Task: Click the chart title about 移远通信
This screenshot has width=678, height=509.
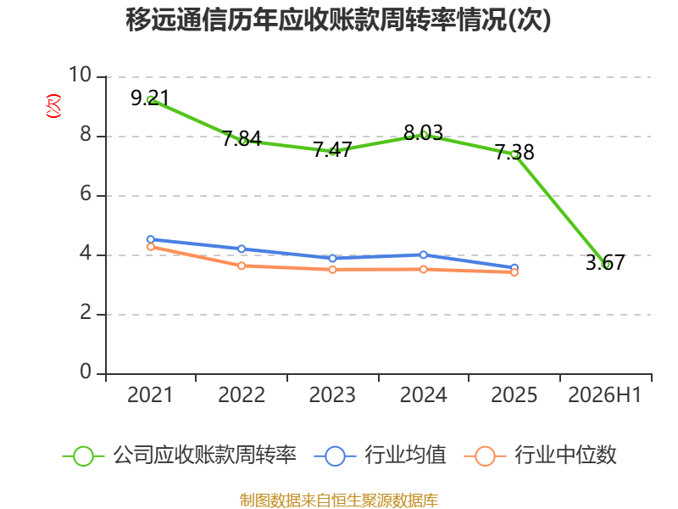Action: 338,20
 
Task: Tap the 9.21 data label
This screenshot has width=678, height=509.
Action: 150,98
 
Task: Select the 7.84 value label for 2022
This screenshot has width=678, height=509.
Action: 242,138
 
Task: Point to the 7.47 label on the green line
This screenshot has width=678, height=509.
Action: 332,150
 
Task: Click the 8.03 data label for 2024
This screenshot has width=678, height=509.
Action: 423,132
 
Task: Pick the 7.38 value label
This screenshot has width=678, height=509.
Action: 514,152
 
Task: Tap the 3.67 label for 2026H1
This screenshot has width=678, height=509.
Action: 605,262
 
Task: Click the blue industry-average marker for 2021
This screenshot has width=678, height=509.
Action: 151,239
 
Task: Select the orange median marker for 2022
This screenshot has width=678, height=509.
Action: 242,266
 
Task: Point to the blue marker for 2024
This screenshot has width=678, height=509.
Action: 423,255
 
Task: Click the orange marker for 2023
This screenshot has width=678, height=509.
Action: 332,270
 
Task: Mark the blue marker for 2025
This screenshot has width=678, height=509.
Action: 514,268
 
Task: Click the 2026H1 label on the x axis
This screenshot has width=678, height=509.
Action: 605,394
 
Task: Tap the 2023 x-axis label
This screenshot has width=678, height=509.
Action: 332,394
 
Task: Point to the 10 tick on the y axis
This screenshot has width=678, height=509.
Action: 80,75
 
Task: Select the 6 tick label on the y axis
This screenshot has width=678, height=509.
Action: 86,193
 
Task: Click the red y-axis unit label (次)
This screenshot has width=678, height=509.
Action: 53,106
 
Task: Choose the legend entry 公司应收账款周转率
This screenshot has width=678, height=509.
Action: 180,456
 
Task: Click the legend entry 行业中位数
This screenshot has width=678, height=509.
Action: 541,456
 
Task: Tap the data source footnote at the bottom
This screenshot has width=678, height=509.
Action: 339,500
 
